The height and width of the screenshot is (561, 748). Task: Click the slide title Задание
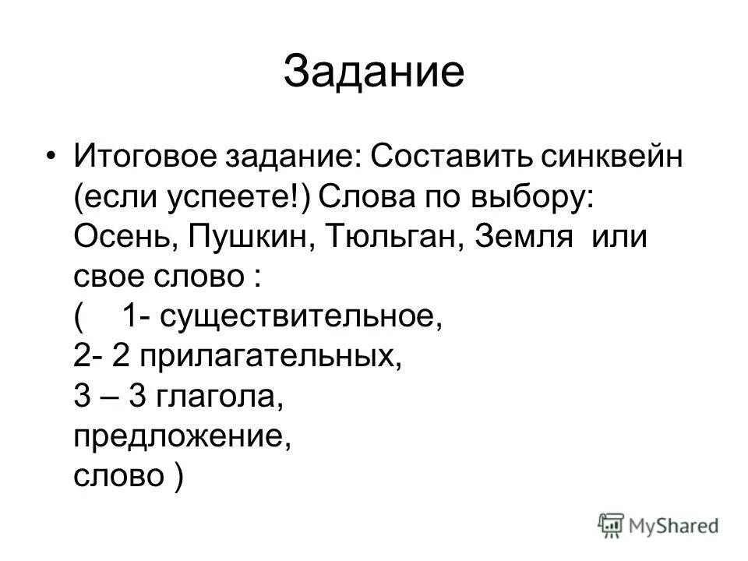374,72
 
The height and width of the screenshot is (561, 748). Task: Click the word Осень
124,235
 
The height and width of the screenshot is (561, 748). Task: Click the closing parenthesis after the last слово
179,478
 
